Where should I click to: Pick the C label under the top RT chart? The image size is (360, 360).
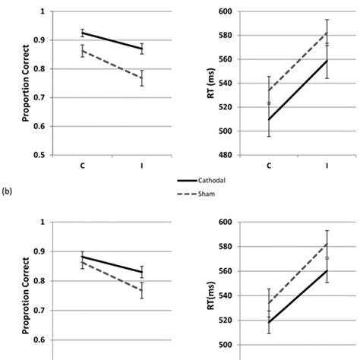tap(270, 166)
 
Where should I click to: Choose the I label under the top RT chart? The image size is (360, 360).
tap(327, 166)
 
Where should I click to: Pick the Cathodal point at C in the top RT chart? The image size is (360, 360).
tap(269, 119)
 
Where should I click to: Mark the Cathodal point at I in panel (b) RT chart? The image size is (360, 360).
tap(327, 270)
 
